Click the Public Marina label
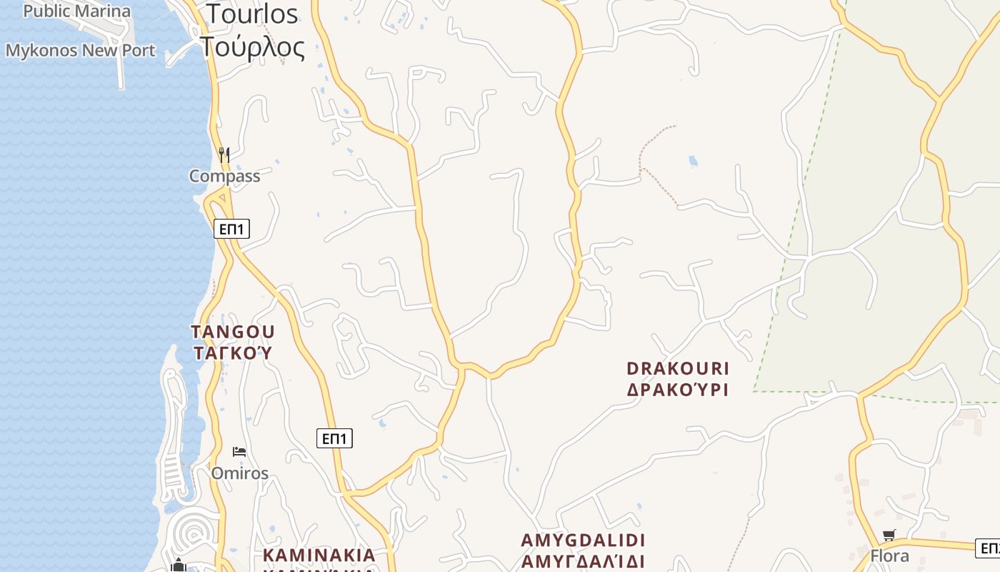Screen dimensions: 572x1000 coord(77,11)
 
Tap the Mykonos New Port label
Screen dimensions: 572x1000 coord(80,50)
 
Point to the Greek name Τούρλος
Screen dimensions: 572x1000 coord(252,47)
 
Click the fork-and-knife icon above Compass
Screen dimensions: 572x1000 coord(224,154)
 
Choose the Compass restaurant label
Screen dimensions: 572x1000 coord(224,176)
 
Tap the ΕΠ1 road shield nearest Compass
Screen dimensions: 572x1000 coord(231,229)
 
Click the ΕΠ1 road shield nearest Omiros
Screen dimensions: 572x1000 coord(334,438)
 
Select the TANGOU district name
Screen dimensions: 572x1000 coord(233,332)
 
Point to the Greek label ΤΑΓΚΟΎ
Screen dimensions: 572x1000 coord(233,352)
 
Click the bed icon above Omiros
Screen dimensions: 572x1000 coord(239,452)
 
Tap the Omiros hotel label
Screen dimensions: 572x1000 coord(239,473)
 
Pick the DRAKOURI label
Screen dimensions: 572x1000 coord(678,369)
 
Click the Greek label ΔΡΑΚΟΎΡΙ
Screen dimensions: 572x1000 coord(678,390)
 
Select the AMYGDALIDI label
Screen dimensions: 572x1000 coord(583,540)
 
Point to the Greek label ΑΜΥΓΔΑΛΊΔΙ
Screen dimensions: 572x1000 coord(583,561)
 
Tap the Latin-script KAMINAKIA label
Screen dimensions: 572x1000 coord(319,555)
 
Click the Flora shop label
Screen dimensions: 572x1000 coord(889,556)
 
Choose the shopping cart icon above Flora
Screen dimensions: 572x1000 coord(889,535)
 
